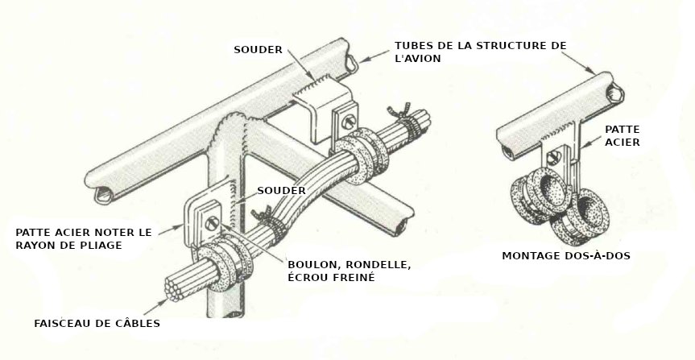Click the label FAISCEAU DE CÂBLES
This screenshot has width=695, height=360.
tap(97, 324)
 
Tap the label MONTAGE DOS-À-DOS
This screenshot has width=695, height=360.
tap(566, 256)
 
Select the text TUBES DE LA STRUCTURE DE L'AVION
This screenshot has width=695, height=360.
tap(481, 52)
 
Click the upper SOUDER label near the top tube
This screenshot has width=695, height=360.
tap(258, 50)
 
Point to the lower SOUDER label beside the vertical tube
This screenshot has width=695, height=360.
tap(281, 191)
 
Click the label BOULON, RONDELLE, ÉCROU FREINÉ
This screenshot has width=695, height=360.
tap(350, 271)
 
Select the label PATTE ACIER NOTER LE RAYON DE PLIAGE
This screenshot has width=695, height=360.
tap(84, 238)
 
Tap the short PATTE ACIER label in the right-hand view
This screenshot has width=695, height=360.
tap(623, 135)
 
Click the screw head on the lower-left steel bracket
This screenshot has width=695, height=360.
tap(212, 223)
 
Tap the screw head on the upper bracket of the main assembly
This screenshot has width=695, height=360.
tap(350, 120)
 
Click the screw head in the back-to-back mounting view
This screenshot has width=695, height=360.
tap(553, 156)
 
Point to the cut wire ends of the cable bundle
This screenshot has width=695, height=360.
tap(173, 289)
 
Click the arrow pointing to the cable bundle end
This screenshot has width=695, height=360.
tap(155, 307)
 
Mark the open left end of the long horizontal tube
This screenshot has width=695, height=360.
tap(103, 195)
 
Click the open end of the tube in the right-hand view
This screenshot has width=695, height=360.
tap(614, 93)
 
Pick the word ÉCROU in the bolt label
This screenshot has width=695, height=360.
tap(306, 277)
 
